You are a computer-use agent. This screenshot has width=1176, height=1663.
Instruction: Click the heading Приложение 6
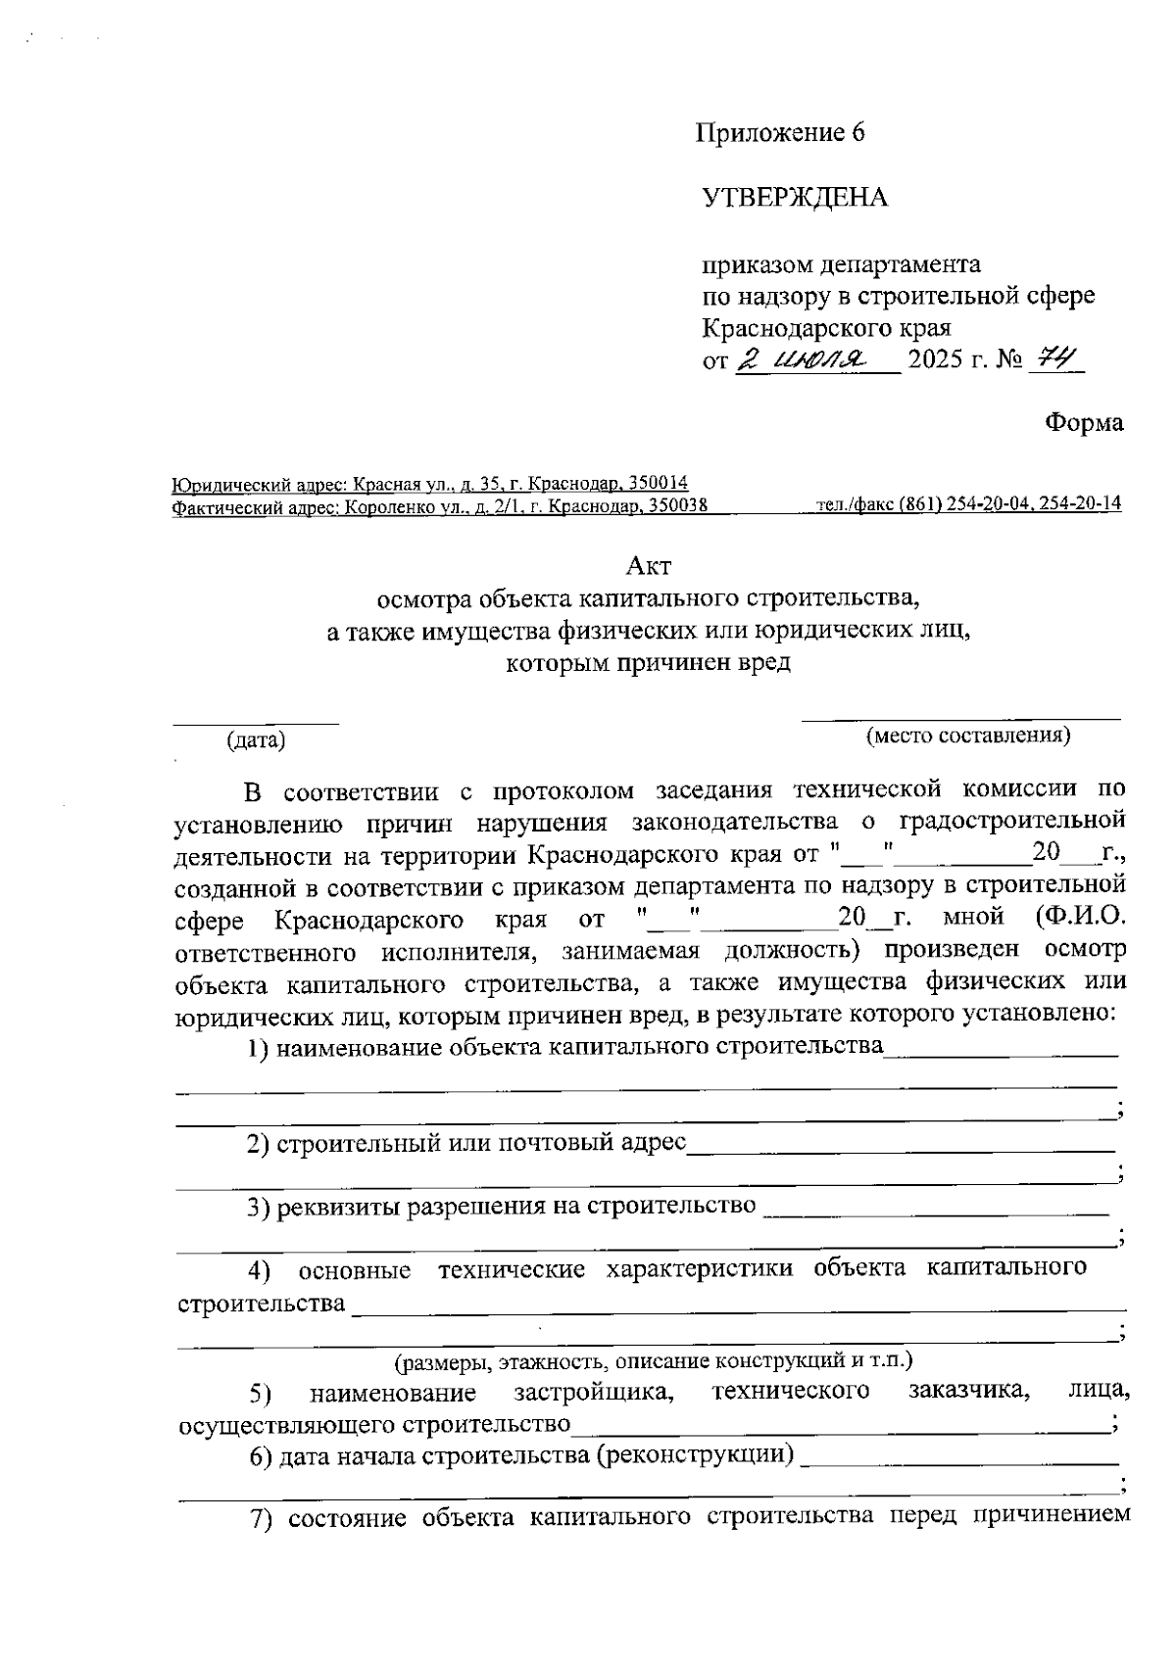[x=780, y=133]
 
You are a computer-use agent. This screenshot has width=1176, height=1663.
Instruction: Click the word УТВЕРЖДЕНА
[x=795, y=198]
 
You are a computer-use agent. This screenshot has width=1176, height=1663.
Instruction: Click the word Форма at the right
[x=1084, y=423]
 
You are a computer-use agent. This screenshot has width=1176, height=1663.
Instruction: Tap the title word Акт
[x=649, y=566]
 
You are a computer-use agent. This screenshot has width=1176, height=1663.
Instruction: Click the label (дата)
[x=256, y=740]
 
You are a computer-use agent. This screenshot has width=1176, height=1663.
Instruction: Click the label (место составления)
[x=968, y=736]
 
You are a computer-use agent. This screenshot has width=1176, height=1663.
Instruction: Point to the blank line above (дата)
[x=256, y=723]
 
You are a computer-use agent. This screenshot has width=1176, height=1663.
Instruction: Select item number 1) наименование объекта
[x=259, y=1048]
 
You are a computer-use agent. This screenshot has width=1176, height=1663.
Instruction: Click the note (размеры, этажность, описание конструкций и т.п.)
[x=654, y=1360]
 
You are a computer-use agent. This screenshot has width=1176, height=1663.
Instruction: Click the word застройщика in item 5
[x=594, y=1392]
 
